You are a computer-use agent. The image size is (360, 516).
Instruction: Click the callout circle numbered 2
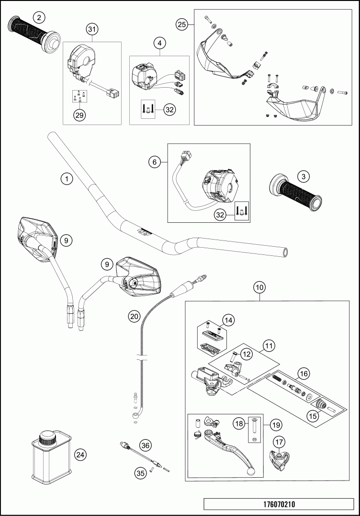click(40, 17)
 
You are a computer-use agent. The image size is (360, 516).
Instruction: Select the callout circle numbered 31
click(92, 30)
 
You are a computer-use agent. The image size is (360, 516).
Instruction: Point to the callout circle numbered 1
click(67, 179)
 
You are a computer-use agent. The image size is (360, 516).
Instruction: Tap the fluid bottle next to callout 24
click(49, 456)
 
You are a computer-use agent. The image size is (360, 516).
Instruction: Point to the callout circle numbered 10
click(259, 287)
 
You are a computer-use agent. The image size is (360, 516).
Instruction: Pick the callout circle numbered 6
click(155, 162)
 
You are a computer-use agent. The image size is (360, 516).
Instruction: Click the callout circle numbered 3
click(303, 176)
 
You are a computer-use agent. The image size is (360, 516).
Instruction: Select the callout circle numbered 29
click(79, 115)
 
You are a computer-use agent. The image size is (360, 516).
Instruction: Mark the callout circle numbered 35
click(140, 473)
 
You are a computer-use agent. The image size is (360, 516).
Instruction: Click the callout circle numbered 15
click(313, 416)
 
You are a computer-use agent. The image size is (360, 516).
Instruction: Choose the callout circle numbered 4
click(160, 43)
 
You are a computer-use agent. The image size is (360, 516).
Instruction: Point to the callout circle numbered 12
click(246, 354)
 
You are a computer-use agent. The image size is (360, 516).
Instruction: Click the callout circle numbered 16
click(303, 372)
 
